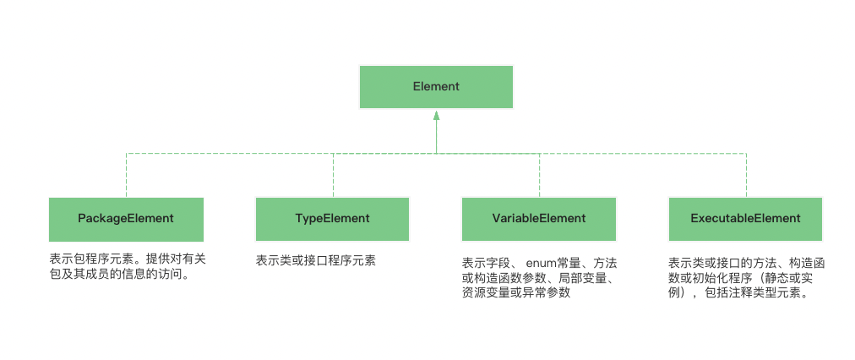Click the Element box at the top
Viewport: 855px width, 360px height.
pos(436,86)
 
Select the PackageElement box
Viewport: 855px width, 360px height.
pos(126,219)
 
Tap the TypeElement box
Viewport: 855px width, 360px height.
pos(332,219)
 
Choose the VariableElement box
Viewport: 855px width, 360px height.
pos(538,219)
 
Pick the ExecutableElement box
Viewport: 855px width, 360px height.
pos(745,219)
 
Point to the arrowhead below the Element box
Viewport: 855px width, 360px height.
pos(436,116)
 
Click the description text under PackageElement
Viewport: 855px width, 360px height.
pos(127,266)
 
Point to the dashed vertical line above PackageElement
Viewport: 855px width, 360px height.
pos(126,175)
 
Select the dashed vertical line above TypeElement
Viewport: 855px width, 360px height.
pos(333,175)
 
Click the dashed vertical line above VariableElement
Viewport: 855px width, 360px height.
pos(539,175)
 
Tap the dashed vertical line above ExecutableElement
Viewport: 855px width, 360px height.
pos(745,175)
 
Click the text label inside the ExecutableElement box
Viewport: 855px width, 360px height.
pos(745,218)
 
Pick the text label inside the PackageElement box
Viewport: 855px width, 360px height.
pos(126,218)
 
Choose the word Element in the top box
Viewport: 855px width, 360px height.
pos(436,86)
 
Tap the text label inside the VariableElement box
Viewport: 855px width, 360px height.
pos(538,218)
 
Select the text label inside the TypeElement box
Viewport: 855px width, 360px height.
pos(332,218)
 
